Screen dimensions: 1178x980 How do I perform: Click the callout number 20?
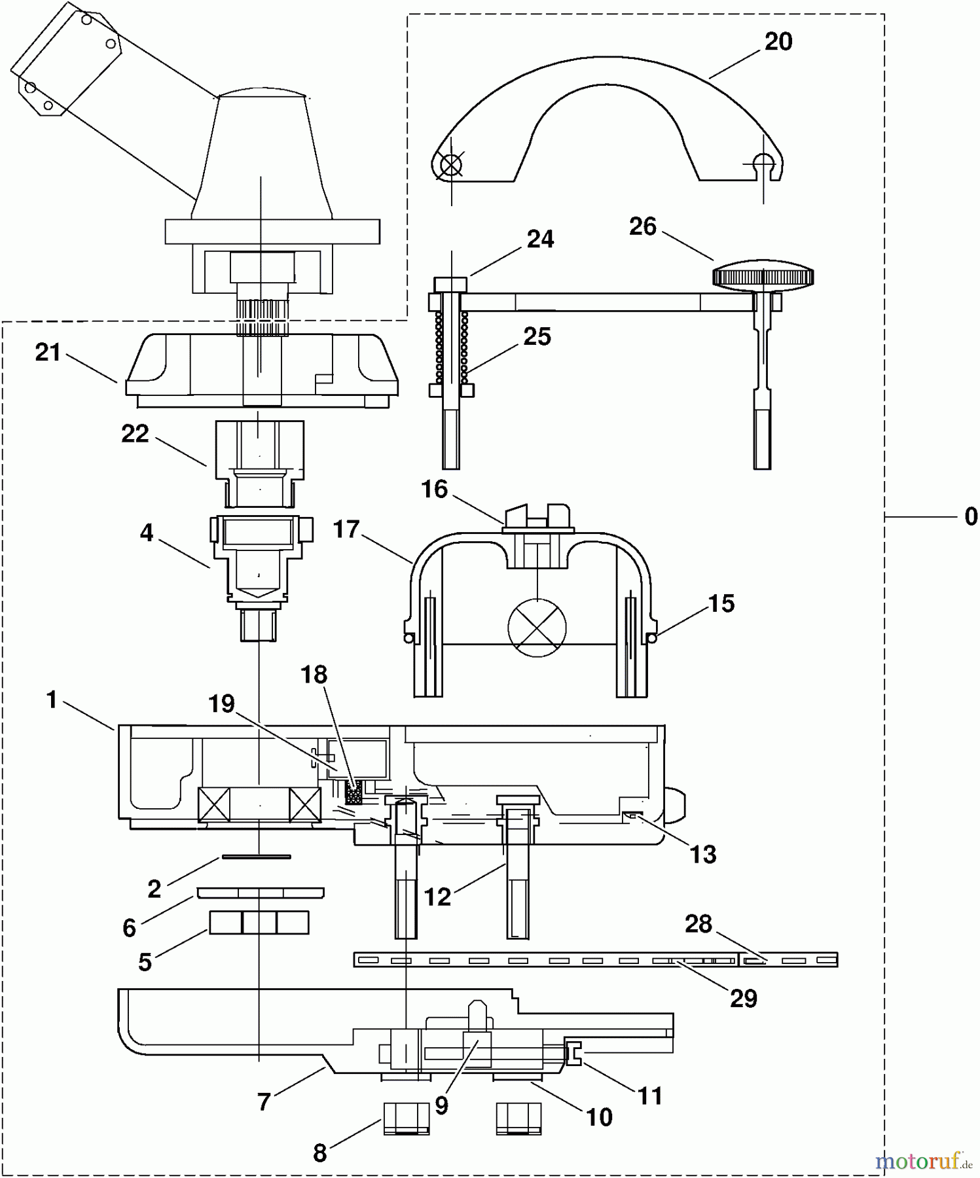coord(778,42)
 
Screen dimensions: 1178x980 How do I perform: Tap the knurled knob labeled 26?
coord(763,277)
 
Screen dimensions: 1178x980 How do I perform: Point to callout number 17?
coord(346,529)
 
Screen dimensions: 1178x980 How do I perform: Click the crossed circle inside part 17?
coord(537,628)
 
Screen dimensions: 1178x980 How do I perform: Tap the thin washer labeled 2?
coord(257,856)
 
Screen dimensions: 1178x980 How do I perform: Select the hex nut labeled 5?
coord(259,923)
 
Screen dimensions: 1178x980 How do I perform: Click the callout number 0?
coord(971,517)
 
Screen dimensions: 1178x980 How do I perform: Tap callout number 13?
coord(703,854)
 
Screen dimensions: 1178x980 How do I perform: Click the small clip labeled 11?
coord(574,1053)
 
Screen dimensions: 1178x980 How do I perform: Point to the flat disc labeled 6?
coord(260,893)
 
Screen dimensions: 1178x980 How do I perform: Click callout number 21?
coord(48,353)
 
